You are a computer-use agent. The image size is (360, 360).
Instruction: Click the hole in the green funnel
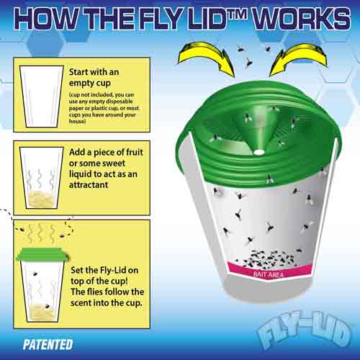[258, 153]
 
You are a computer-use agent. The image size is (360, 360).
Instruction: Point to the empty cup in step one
[37, 99]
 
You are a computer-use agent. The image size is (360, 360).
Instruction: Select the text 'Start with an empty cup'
[94, 77]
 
